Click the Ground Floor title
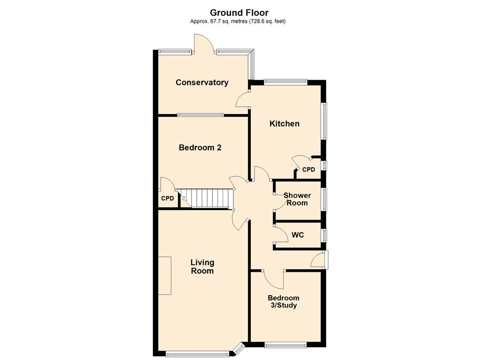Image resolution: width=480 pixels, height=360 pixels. (239, 13)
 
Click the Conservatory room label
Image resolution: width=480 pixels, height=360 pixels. (202, 82)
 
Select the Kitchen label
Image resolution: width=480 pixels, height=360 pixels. (285, 124)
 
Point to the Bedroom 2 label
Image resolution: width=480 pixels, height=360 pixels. (200, 148)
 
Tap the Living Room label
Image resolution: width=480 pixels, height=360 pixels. (202, 267)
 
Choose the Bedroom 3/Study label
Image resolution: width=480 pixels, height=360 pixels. (284, 301)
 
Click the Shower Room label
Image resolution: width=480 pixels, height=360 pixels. (297, 199)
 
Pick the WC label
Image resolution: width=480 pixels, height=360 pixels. (298, 235)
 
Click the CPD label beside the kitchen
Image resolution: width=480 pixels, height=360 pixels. (308, 170)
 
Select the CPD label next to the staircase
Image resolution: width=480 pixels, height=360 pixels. (167, 198)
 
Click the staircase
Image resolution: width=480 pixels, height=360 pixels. (206, 198)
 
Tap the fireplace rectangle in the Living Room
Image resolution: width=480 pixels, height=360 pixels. (165, 276)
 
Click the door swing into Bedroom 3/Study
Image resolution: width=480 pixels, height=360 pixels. (274, 279)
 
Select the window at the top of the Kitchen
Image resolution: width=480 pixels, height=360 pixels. (285, 82)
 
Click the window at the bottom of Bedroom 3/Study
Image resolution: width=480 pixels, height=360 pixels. (285, 345)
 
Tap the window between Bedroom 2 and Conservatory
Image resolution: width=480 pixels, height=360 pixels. (201, 115)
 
